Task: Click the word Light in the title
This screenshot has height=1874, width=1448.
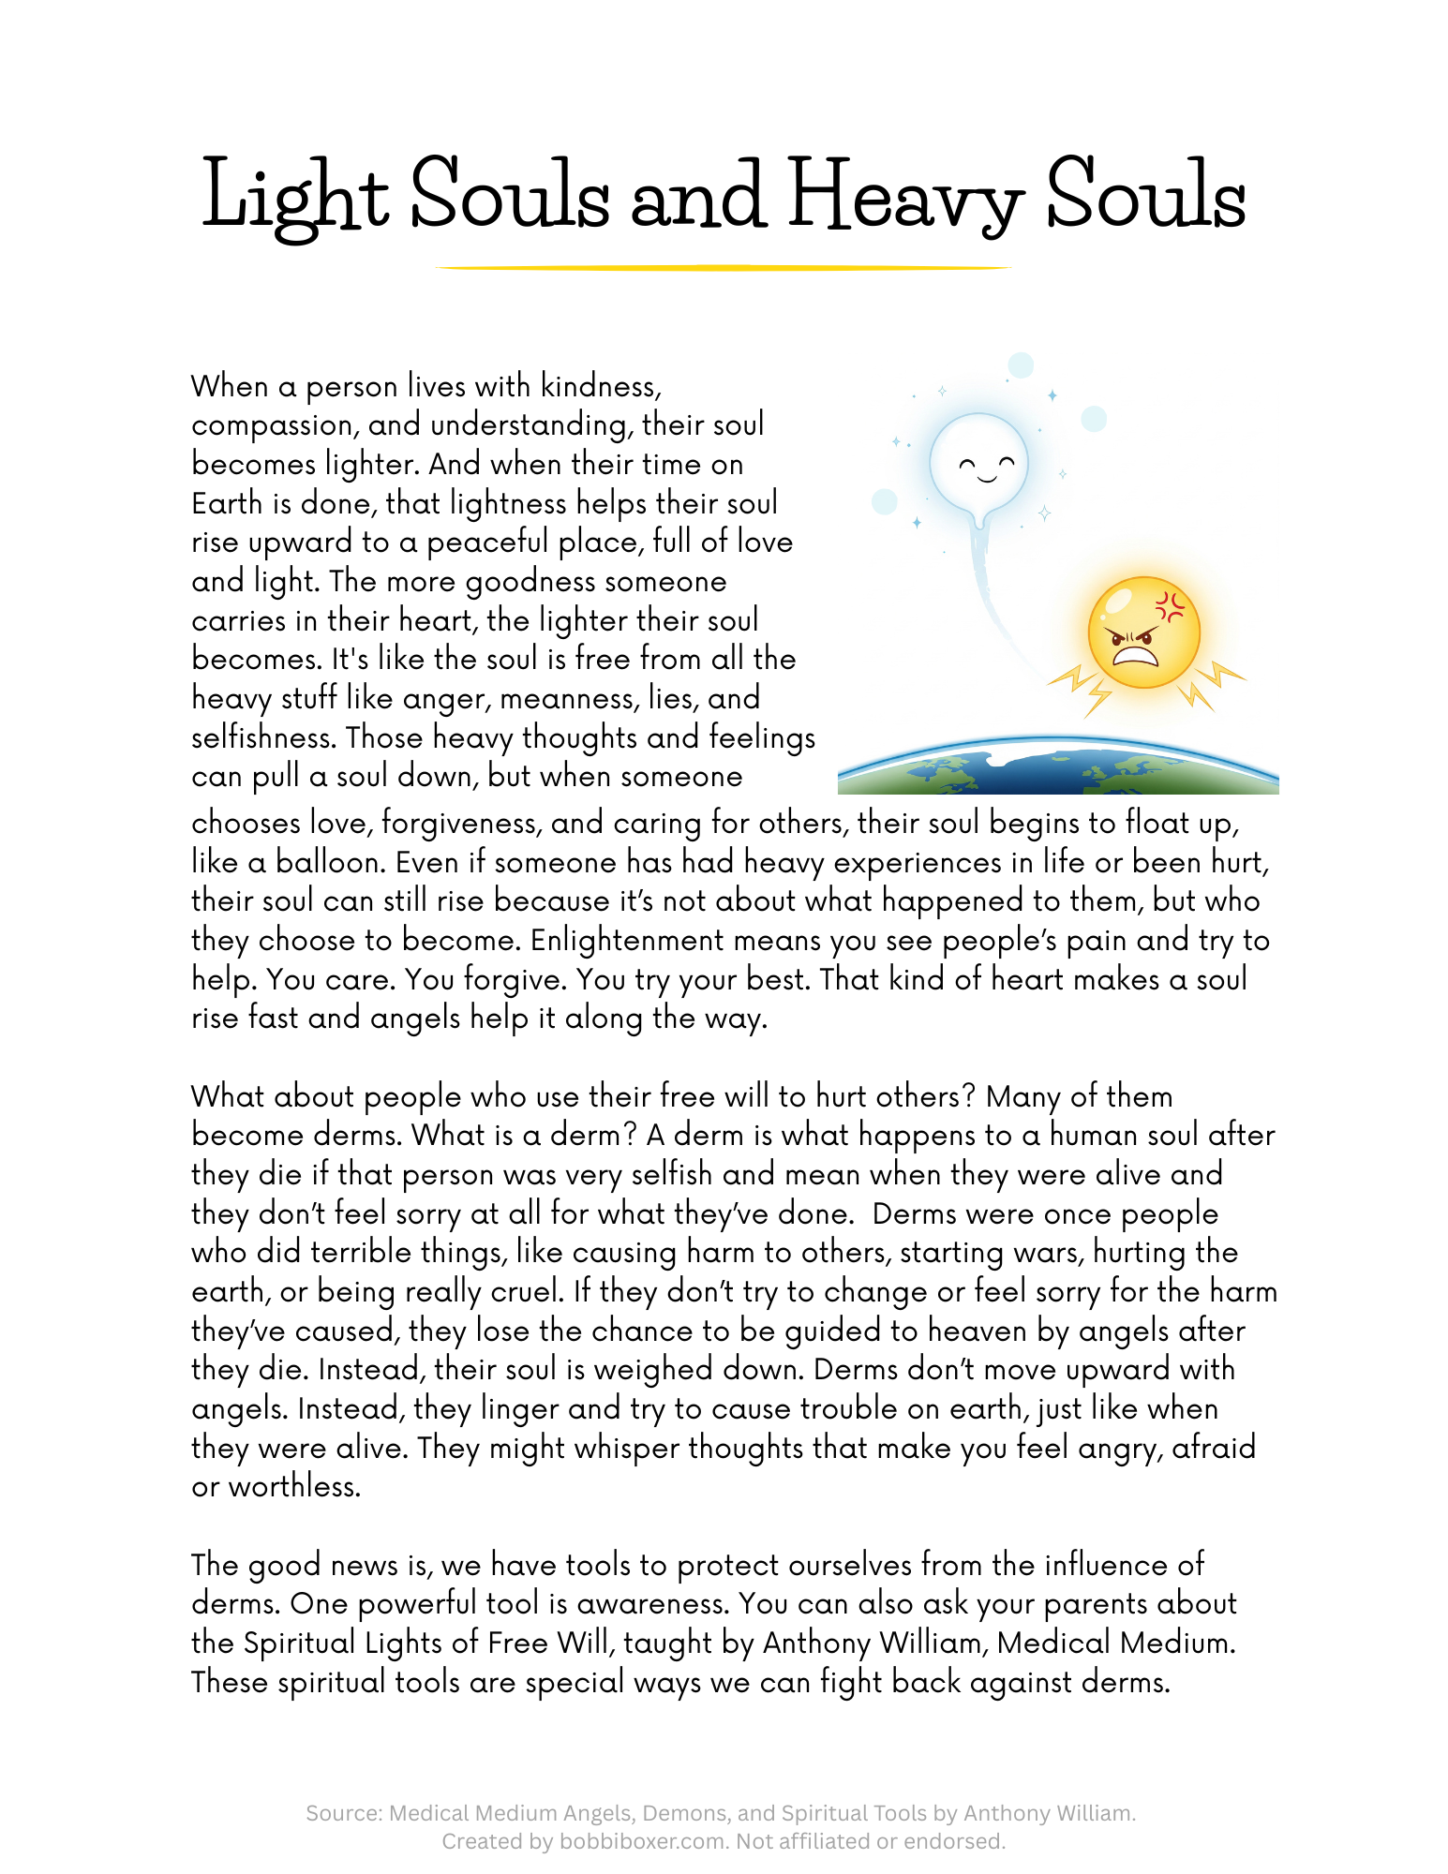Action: point(294,197)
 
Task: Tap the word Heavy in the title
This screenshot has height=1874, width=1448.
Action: point(904,197)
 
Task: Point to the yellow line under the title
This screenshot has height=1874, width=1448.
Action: point(723,268)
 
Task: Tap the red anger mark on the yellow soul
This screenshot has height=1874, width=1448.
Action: point(1170,605)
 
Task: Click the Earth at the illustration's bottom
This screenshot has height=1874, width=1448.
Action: point(1057,768)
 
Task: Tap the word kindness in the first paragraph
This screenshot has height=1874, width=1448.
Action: point(600,386)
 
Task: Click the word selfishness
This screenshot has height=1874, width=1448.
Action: point(262,737)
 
